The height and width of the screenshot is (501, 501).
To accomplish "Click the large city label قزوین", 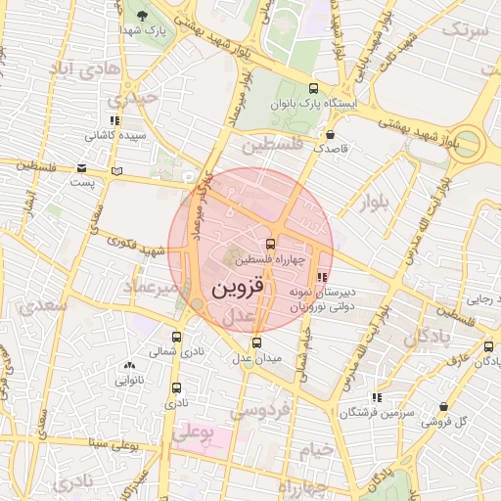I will (x=237, y=290).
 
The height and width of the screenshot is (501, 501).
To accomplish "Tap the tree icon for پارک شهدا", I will (x=143, y=15).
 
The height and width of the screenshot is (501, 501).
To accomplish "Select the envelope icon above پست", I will (x=80, y=168).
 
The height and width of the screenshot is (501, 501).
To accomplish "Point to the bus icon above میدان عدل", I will (x=256, y=342).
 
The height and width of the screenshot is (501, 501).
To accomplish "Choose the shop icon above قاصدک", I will (x=330, y=134).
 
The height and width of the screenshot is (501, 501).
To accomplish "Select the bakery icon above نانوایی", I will (x=130, y=364).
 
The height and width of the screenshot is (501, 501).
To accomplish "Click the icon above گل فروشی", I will (x=443, y=406).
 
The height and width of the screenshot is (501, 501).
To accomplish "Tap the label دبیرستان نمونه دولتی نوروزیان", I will (x=324, y=298).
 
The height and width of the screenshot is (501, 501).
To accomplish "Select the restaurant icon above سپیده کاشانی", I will (x=114, y=120).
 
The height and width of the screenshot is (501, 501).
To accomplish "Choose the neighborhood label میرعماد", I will (x=151, y=287).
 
